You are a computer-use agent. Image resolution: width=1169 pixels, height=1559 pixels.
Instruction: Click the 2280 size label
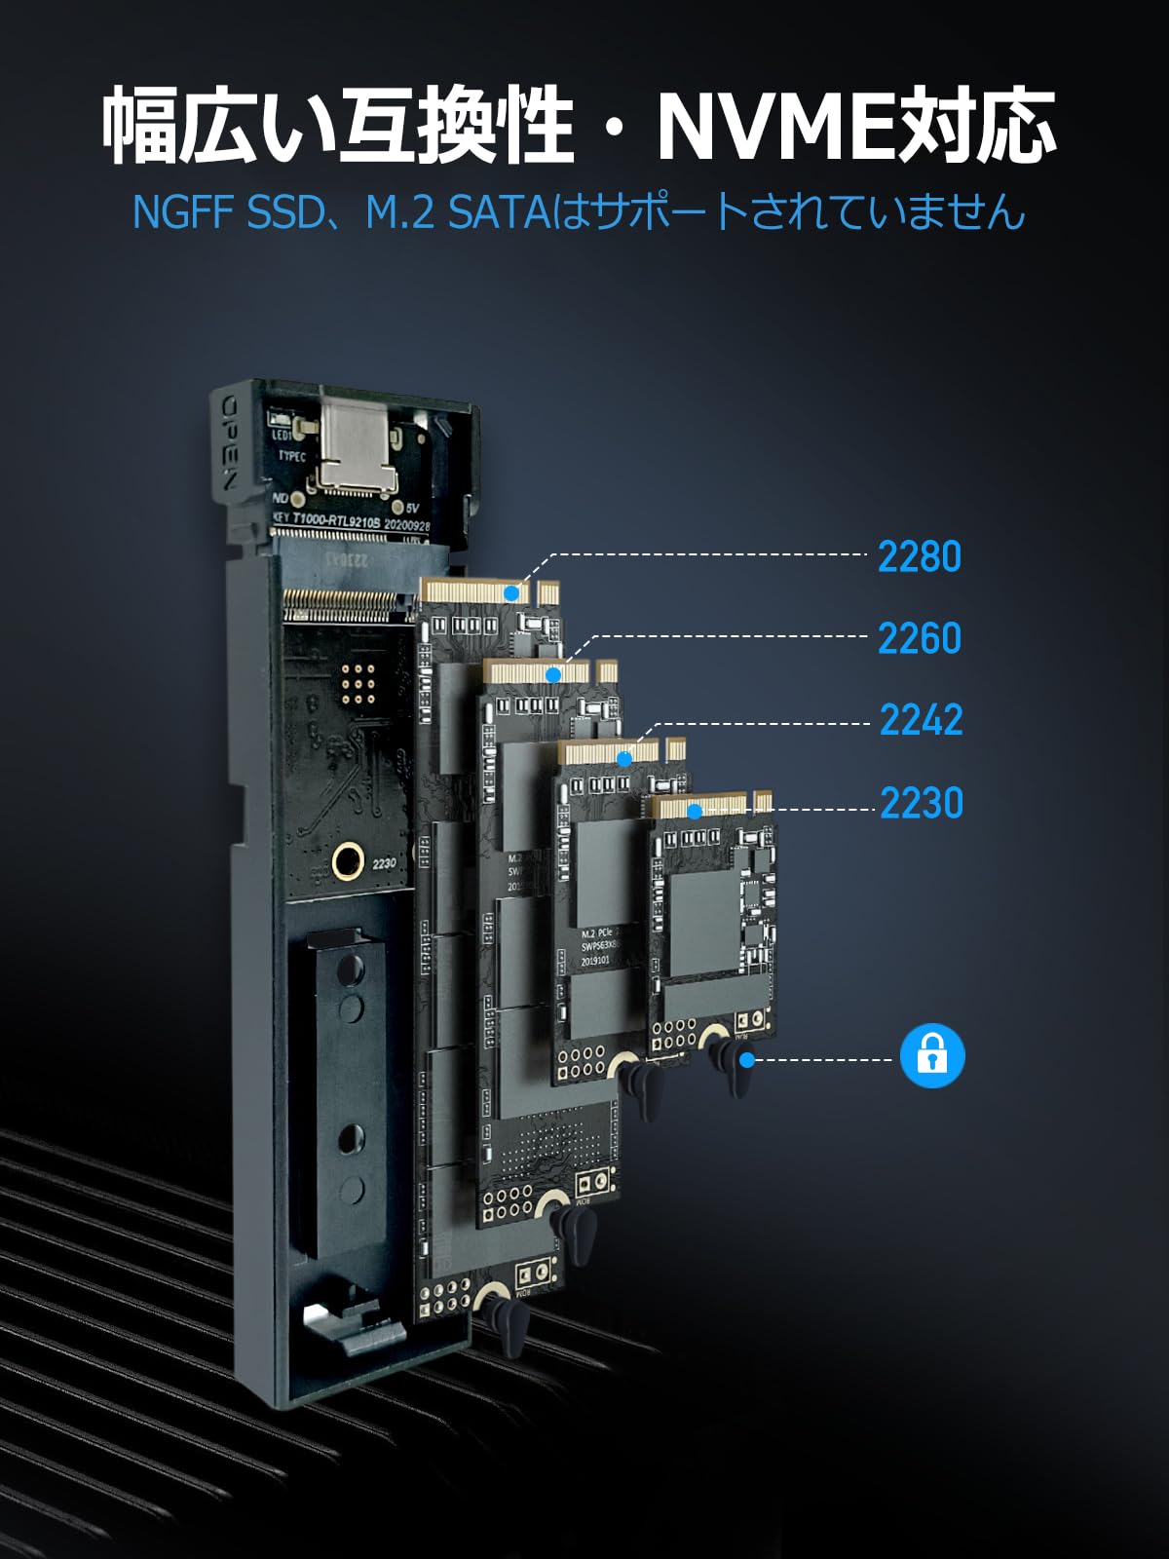919,556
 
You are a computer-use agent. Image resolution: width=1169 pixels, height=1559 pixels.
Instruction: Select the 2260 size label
919,638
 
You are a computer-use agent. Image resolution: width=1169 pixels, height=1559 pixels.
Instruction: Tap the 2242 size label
921,720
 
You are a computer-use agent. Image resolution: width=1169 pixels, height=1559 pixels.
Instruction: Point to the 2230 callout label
921,803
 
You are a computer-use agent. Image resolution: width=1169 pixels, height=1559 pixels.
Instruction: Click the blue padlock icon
932,1055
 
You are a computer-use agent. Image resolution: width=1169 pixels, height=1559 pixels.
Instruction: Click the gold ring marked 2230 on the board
348,861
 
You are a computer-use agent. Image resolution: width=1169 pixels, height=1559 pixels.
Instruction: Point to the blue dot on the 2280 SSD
511,591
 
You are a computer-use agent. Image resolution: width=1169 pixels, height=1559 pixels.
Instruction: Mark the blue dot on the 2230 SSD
695,811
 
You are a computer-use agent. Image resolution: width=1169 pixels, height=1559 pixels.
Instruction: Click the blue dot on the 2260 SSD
553,674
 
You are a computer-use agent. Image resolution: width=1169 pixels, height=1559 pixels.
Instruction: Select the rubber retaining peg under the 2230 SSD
729,1065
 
